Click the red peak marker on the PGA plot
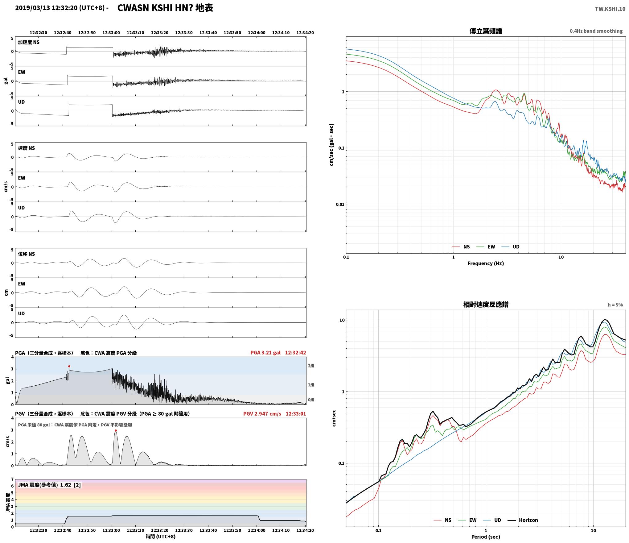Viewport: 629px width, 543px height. [69, 366]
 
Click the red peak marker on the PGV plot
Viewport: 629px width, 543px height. [116, 430]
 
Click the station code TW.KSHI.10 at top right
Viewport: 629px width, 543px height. [610, 9]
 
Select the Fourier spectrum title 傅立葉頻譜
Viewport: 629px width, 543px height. [486, 31]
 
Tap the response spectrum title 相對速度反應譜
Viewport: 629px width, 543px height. [486, 305]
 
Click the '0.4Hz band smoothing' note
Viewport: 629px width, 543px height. [596, 31]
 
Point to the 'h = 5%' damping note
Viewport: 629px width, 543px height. [615, 305]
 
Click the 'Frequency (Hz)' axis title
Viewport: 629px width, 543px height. [486, 263]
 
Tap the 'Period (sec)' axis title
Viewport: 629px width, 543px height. [486, 537]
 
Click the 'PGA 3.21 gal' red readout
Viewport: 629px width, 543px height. [265, 353]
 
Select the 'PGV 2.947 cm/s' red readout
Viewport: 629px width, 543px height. [262, 414]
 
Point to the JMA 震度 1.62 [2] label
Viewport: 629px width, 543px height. [49, 485]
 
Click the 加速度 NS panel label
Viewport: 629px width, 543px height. [29, 42]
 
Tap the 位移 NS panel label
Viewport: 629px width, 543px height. [27, 254]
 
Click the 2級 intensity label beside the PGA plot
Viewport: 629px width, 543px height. [311, 366]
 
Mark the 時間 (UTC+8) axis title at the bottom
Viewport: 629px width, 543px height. [161, 537]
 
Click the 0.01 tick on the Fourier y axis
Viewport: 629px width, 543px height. [340, 204]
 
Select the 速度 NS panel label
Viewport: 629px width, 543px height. [27, 148]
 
